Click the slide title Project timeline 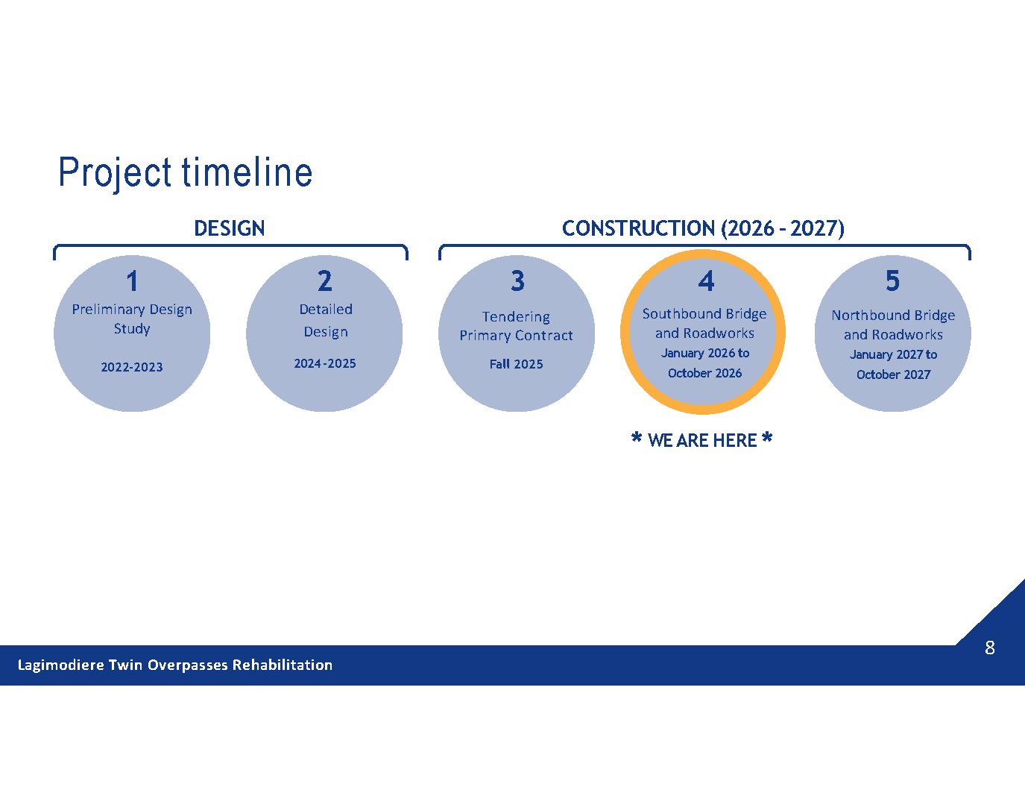186,172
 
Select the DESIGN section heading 230,228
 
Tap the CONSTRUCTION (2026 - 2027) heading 703,228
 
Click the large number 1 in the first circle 132,281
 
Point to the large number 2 325,281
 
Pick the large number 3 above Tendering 517,281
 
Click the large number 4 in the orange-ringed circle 706,281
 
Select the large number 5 892,281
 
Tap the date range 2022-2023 132,367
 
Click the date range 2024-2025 325,363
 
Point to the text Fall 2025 516,364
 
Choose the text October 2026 704,373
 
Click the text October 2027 893,374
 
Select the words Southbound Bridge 704,314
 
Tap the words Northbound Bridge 893,316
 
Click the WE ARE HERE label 702,440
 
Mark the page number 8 990,648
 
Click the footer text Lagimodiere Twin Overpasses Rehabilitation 175,665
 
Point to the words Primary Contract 516,336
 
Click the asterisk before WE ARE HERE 637,437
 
